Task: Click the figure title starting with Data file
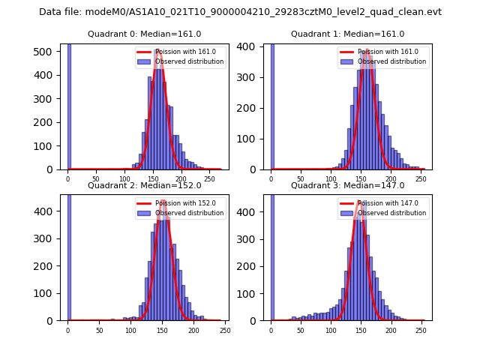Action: [240, 12]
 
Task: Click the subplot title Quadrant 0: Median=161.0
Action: [144, 34]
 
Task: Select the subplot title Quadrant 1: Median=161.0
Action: [347, 34]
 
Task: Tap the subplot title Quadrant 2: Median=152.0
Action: [144, 185]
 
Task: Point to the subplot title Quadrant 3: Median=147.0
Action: [347, 185]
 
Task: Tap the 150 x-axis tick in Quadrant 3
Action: [361, 330]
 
